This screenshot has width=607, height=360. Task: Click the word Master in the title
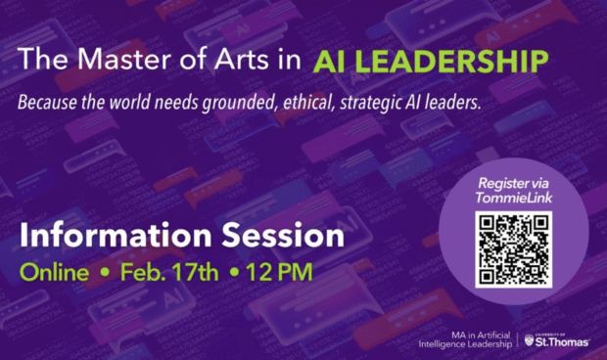tap(110, 60)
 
